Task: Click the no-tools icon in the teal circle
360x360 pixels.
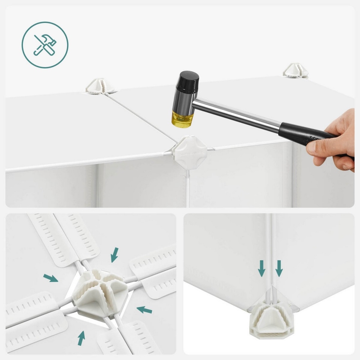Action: pyautogui.click(x=45, y=45)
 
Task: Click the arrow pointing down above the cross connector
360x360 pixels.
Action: pyautogui.click(x=114, y=255)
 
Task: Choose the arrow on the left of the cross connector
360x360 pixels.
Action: pyautogui.click(x=51, y=277)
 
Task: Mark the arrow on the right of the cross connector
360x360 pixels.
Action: pyautogui.click(x=144, y=309)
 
